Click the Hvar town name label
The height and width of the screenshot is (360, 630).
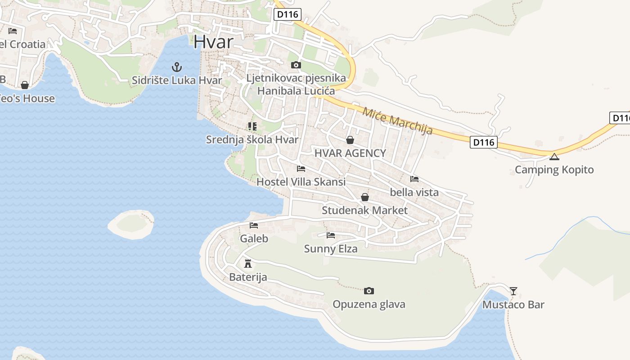click(x=214, y=42)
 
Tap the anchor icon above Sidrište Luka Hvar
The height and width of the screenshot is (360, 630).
click(x=177, y=67)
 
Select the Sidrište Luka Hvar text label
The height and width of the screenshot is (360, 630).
click(x=177, y=81)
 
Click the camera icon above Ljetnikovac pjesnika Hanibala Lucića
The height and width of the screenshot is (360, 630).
click(x=296, y=65)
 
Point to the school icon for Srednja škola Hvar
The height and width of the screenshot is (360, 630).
click(x=252, y=126)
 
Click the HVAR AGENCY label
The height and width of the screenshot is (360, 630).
click(x=350, y=153)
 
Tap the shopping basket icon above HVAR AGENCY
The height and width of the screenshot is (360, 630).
click(x=350, y=140)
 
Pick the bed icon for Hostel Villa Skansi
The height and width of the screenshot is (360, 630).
click(x=301, y=169)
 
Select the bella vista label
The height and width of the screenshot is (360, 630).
click(x=414, y=192)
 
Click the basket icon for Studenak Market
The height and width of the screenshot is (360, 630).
click(x=364, y=197)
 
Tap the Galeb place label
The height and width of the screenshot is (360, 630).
click(x=254, y=238)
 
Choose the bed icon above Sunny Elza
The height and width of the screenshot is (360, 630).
click(x=331, y=235)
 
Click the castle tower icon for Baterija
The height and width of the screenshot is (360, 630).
click(x=247, y=263)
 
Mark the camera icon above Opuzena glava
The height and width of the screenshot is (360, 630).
click(x=369, y=291)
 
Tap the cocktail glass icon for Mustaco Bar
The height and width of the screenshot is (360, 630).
click(x=513, y=291)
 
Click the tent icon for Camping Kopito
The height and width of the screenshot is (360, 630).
click(x=554, y=157)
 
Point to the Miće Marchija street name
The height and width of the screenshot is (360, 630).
click(x=397, y=121)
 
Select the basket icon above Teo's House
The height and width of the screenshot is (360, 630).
click(x=25, y=85)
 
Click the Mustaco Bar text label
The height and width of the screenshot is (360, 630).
click(x=513, y=305)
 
